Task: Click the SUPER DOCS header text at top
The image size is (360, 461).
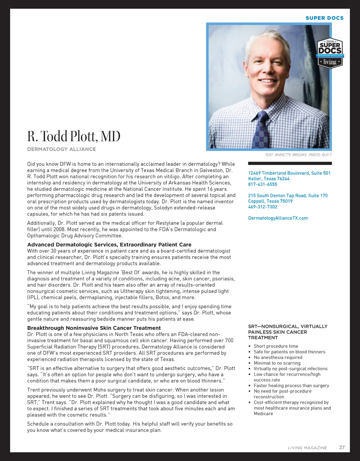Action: point(324,18)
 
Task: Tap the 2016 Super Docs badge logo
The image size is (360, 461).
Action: point(330,53)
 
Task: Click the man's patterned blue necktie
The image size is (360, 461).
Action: point(262,130)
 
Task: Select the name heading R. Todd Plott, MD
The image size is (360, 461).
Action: point(74,136)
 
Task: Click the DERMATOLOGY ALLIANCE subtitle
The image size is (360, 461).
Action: point(62,149)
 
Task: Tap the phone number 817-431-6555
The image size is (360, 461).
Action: point(263,184)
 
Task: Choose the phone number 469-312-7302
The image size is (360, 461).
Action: point(263,207)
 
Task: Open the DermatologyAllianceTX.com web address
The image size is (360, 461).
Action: point(278,218)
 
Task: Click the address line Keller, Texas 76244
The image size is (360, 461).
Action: point(269,178)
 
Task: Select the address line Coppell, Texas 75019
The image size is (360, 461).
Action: point(270,201)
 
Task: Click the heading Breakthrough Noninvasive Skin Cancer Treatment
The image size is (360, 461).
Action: point(94,328)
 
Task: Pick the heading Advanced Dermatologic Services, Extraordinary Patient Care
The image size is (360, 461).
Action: point(109,245)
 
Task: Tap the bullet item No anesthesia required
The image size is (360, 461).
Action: point(278,357)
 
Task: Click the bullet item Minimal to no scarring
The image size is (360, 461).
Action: point(277,363)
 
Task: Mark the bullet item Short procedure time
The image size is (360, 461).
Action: point(276,346)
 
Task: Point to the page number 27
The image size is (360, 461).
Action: point(342,447)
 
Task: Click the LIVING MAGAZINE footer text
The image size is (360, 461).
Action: point(307,448)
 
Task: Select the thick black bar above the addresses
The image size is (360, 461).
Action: point(290,163)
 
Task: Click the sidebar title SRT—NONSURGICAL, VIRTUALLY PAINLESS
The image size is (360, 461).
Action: point(288,332)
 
